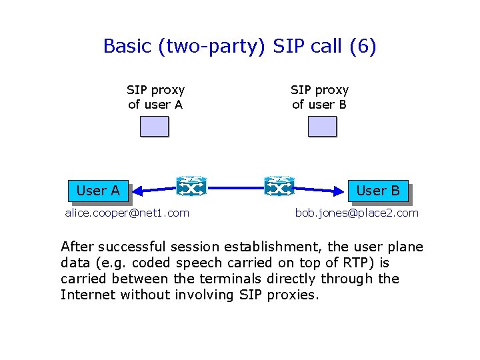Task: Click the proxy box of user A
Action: click(154, 127)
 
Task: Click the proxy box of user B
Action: click(322, 127)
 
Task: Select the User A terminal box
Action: click(98, 191)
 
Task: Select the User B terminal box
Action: click(377, 191)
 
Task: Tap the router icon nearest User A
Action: click(192, 187)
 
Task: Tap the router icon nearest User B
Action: click(279, 187)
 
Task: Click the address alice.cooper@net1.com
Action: click(127, 213)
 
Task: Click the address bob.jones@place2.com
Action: click(357, 213)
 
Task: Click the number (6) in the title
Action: click(363, 47)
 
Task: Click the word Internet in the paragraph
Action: click(88, 295)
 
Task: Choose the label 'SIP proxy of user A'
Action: click(155, 97)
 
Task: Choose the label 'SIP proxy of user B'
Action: click(319, 97)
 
